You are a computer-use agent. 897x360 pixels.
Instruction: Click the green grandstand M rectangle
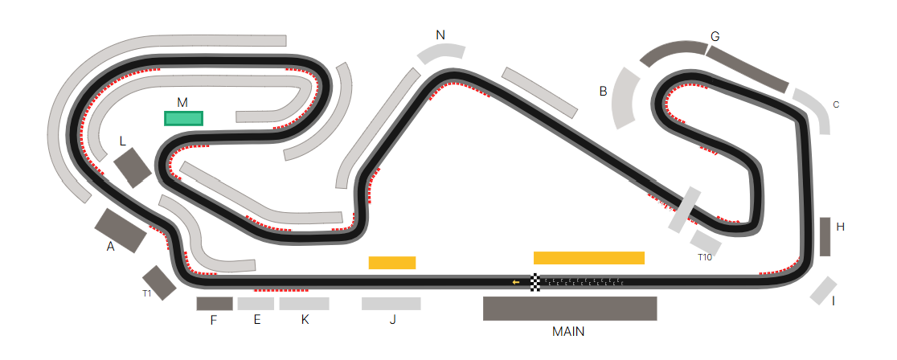pos(183,118)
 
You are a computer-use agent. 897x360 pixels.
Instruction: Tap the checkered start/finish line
pos(535,282)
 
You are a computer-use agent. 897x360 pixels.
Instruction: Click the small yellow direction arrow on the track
pos(516,282)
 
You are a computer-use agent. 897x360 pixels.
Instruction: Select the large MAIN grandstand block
pos(570,309)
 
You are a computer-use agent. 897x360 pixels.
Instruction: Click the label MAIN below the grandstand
pos(568,331)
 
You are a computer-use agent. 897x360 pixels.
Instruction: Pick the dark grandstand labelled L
pos(133,168)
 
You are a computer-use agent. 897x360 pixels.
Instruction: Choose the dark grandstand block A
pos(120,231)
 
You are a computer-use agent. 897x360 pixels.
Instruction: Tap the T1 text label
pos(147,293)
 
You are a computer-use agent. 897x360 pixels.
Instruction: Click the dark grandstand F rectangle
pos(215,304)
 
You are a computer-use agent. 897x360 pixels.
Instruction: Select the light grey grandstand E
pos(256,304)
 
